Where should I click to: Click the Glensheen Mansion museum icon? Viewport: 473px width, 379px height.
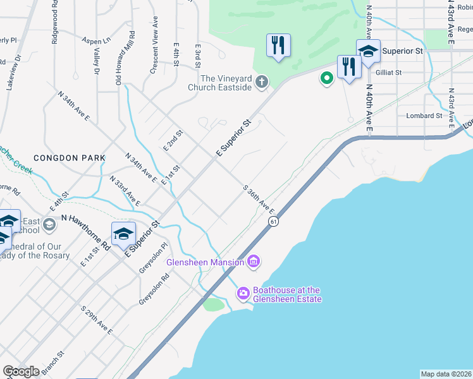point(254,262)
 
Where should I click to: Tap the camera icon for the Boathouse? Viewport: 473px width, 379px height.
point(243,294)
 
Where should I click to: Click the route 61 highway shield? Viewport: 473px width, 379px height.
point(273,221)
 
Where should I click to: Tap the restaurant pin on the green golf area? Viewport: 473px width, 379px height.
point(278,45)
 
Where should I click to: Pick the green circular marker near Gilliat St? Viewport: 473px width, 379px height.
point(326,78)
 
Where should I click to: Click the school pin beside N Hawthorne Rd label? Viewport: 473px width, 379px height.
point(124,233)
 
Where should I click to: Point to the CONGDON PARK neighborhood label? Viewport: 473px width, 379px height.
point(63,158)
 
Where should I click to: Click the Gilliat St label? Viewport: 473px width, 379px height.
point(388,73)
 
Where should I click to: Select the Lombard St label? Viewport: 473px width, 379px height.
point(424,116)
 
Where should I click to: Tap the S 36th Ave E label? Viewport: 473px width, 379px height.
point(259,199)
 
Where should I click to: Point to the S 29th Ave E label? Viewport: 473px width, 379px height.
point(97,321)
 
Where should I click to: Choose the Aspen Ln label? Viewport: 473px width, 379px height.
point(95,40)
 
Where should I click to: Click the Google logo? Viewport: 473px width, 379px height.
point(21,371)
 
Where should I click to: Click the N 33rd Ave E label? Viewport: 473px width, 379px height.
point(125,191)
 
